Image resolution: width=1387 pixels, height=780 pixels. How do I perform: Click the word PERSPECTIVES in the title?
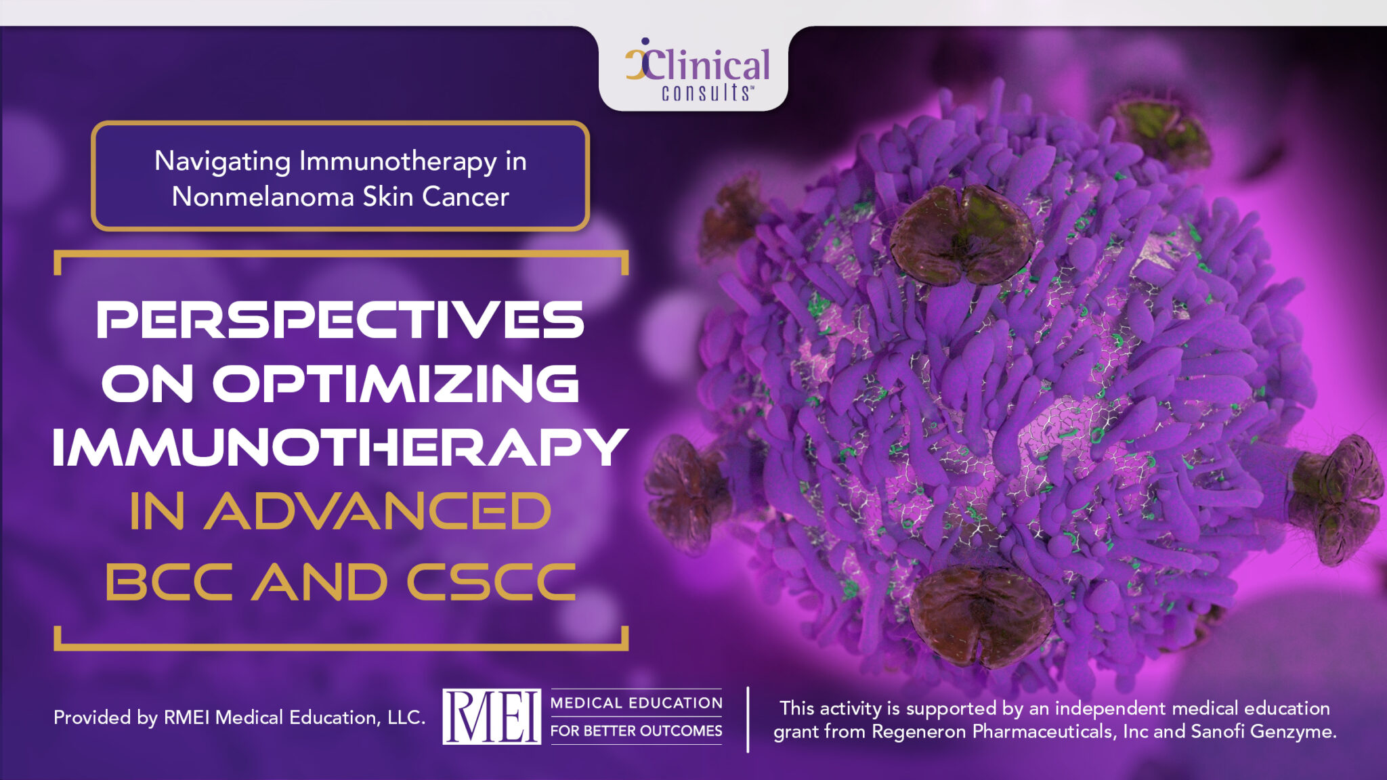tap(340, 320)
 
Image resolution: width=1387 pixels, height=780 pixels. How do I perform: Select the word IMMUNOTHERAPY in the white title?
tap(340, 447)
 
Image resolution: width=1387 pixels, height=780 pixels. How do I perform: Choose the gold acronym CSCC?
tap(491, 582)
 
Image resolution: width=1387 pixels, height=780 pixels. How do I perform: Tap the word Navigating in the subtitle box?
tap(222, 161)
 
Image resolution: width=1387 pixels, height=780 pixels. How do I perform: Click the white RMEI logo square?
tap(492, 716)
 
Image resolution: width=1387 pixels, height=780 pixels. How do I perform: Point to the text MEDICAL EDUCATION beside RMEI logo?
tap(636, 703)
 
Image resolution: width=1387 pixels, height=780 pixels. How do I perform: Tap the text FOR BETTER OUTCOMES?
tap(636, 731)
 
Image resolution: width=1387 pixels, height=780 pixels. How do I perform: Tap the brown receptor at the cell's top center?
tap(961, 234)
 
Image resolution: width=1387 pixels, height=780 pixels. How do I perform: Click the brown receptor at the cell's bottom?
tap(980, 615)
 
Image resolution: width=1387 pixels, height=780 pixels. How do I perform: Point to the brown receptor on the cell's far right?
tap(1338, 498)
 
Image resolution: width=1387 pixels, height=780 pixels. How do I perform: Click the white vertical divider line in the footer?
tap(748, 719)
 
